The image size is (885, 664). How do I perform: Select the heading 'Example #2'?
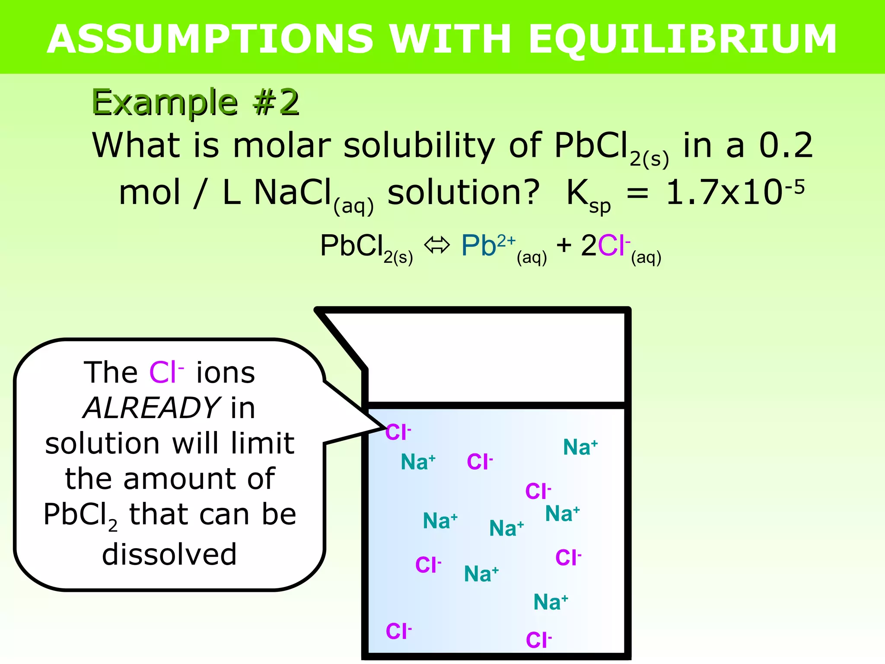click(x=195, y=103)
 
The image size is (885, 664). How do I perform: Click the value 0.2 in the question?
click(x=786, y=146)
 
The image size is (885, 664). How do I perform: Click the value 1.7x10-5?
click(x=735, y=192)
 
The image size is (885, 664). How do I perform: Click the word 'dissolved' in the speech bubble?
click(x=169, y=554)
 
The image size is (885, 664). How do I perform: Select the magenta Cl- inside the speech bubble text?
click(x=166, y=372)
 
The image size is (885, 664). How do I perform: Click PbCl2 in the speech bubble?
click(x=80, y=515)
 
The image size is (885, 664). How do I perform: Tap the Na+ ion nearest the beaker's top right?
click(x=580, y=447)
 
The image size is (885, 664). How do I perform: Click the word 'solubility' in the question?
click(x=419, y=146)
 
